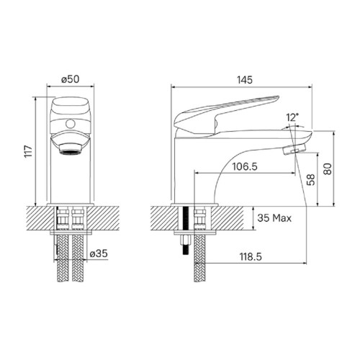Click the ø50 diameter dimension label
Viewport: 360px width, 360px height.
coord(70,79)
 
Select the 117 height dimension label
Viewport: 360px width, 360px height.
coord(28,151)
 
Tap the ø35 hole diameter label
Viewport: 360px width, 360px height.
coord(99,253)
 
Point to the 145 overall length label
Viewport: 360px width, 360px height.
coord(245,80)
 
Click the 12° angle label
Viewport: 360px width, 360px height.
coord(292,117)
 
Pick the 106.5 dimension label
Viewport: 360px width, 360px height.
coord(245,166)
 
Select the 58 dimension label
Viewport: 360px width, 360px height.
coord(310,179)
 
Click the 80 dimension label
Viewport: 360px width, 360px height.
coord(328,169)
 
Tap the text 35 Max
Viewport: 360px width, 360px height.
coord(274,218)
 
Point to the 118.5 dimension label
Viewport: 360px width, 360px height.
coord(251,257)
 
